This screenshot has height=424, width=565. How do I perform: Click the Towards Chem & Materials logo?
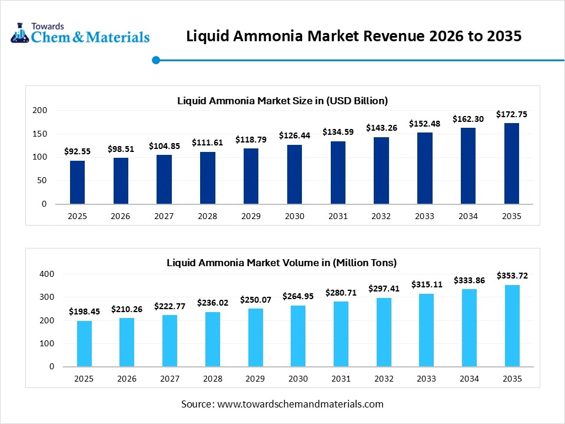[x=80, y=34]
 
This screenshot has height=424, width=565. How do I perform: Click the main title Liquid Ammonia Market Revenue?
[x=354, y=36]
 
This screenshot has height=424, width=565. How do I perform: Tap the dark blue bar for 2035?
[x=511, y=163]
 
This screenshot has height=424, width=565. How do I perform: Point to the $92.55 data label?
[x=77, y=151]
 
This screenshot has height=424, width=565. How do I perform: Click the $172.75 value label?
[x=511, y=114]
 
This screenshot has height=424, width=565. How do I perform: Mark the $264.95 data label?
[x=298, y=296]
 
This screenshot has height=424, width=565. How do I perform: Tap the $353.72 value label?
[x=511, y=276]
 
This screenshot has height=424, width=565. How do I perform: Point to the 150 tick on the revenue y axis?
[x=40, y=134]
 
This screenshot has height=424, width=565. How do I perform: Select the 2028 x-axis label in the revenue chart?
[x=207, y=216]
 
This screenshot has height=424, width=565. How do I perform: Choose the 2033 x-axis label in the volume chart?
[x=424, y=379]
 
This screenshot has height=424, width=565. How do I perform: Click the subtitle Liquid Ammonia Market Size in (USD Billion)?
[x=282, y=101]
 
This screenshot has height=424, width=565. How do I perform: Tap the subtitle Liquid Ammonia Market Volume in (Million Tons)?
[x=282, y=263]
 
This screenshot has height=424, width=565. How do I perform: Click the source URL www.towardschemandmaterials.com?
[x=300, y=404]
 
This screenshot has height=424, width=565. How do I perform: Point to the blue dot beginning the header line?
[x=156, y=60]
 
